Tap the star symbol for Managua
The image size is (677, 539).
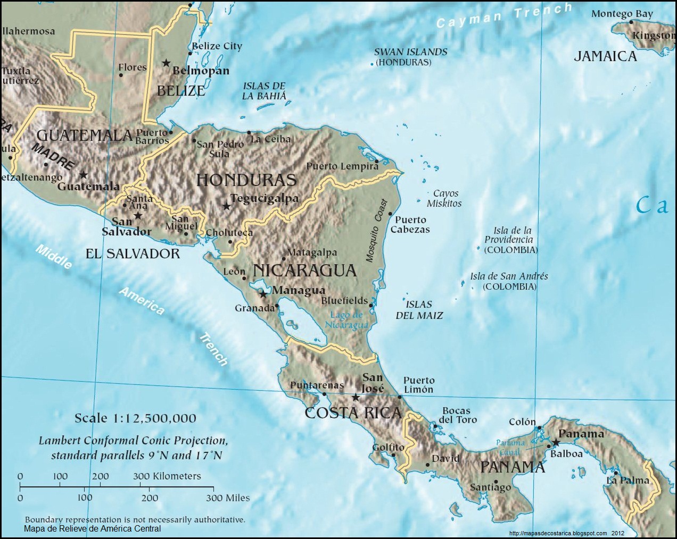tap(263, 293)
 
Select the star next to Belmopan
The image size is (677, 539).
tap(166, 63)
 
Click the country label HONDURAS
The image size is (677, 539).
tap(246, 180)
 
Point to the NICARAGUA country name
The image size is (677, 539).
tap(304, 270)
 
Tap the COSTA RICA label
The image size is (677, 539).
tap(353, 412)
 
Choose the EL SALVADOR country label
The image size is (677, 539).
tap(133, 254)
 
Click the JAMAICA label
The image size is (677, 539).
tap(605, 56)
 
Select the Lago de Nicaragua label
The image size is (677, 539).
tap(346, 320)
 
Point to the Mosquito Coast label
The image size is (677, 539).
tap(376, 231)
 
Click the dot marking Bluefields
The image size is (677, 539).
tap(371, 305)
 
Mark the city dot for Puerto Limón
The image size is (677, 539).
tap(400, 397)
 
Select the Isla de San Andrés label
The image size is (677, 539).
tap(509, 281)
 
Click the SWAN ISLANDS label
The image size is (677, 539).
tap(410, 56)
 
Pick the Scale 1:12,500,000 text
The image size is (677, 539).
tap(135, 418)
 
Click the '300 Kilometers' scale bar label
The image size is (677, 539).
tap(167, 476)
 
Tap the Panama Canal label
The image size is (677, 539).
tap(510, 447)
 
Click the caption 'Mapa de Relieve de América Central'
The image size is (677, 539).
tap(92, 528)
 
